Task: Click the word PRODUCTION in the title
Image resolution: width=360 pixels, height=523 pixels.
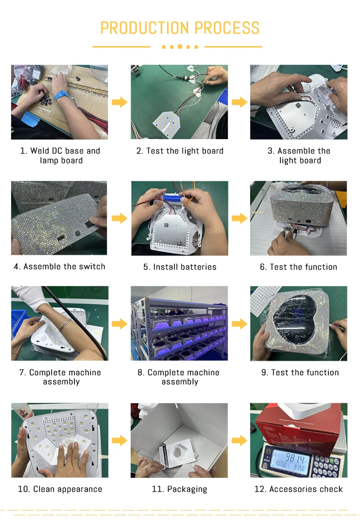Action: [x=145, y=28]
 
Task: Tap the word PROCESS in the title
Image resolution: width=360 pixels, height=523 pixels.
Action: [x=227, y=28]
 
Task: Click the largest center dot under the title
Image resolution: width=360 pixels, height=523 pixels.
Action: [x=180, y=47]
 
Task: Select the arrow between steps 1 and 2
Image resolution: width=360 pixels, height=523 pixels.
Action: [x=120, y=102]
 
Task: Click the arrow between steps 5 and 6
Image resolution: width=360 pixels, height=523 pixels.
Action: [x=239, y=218]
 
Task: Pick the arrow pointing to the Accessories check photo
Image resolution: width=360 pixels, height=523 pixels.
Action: [x=239, y=440]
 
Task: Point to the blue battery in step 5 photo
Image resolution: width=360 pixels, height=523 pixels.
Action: [x=173, y=199]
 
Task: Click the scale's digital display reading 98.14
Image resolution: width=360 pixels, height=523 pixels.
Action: [x=289, y=461]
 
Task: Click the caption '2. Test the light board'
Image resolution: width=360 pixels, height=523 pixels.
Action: [x=180, y=151]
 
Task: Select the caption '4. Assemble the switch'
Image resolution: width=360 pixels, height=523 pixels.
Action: [x=60, y=266]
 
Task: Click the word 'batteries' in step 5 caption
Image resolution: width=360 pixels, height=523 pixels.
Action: [x=198, y=267]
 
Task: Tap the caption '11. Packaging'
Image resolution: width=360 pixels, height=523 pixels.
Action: [x=180, y=489]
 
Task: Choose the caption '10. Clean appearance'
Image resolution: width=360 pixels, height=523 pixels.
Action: [x=60, y=489]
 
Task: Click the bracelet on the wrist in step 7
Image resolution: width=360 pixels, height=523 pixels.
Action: [x=65, y=324]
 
